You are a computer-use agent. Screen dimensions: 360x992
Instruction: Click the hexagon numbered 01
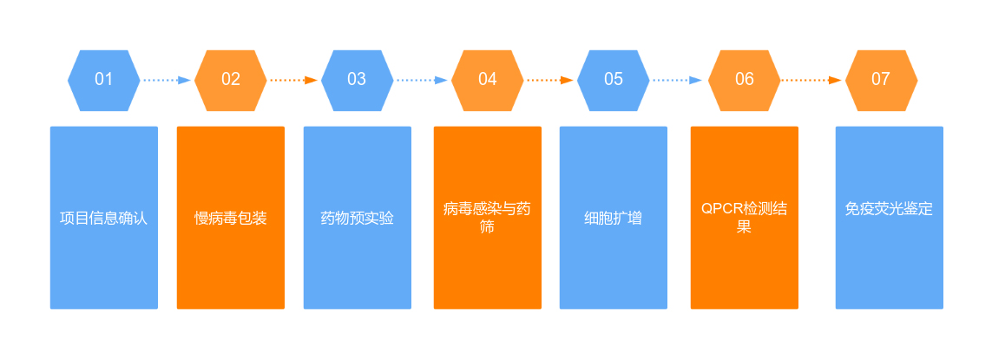coord(104,80)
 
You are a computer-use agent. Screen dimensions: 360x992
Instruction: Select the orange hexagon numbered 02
coord(231,80)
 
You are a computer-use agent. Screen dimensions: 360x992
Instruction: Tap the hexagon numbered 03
coord(357,80)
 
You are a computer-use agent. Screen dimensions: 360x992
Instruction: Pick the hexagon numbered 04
coord(488,80)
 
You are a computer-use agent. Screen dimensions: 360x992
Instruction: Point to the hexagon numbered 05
coord(614,80)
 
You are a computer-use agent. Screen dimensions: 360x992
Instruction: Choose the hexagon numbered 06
coord(745,80)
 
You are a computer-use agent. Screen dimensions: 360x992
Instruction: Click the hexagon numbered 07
coord(881,80)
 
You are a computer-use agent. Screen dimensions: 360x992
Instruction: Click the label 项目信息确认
coord(104,218)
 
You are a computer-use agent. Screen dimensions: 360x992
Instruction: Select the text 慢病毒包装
coord(231,218)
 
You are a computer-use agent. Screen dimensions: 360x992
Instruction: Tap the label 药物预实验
coord(357,218)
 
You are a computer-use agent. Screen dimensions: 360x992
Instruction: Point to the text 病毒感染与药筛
coord(488,218)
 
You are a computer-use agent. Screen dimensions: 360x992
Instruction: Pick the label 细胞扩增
coord(614,218)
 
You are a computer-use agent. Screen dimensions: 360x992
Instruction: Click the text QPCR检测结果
coord(745,218)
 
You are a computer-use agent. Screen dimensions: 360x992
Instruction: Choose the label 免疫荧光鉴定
coord(889,209)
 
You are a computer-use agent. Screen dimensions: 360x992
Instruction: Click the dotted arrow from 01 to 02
coord(167,80)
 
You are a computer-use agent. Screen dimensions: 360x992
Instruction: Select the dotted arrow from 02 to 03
coord(293,80)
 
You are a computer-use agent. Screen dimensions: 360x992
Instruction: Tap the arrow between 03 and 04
coord(422,80)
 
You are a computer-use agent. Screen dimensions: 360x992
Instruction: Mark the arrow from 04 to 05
coord(550,80)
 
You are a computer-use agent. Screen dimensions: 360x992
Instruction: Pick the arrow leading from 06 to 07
coord(811,80)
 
